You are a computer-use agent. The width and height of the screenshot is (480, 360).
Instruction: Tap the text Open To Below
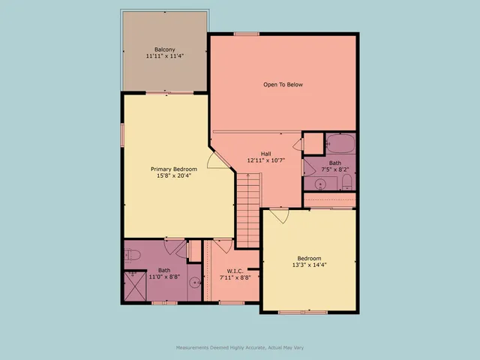(x=283, y=85)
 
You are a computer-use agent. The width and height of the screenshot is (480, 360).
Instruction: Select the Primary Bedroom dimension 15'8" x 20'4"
(x=174, y=176)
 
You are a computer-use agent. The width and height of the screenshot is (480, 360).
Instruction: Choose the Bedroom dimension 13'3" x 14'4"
(x=308, y=264)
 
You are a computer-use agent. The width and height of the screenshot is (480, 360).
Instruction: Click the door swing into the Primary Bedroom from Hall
(x=214, y=160)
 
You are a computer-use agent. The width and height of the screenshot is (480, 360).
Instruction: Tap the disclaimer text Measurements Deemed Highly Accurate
(x=239, y=347)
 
